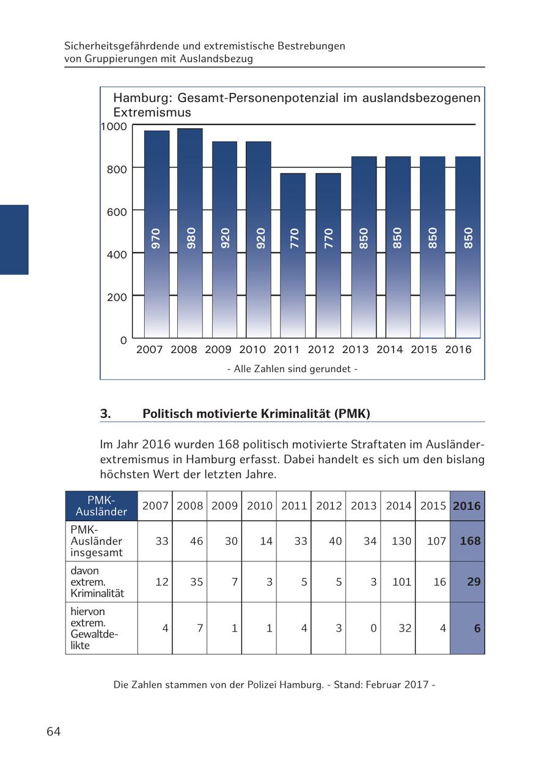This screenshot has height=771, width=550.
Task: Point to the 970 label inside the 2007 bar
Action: click(156, 238)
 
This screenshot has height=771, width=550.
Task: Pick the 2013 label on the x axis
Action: click(355, 350)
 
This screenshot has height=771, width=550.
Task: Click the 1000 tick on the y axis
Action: click(113, 126)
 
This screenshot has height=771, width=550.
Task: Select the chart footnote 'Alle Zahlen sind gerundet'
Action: click(292, 369)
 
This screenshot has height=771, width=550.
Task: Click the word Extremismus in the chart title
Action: click(152, 112)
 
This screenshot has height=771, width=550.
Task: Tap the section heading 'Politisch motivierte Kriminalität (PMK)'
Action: click(256, 414)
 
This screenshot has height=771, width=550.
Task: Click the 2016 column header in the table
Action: click(467, 506)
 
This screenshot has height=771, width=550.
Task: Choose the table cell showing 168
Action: click(467, 541)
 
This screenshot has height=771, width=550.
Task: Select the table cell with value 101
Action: click(398, 582)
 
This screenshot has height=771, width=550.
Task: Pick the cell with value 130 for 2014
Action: click(398, 541)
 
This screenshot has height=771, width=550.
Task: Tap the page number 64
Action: click(54, 732)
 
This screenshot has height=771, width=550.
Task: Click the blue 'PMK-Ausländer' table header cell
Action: click(101, 506)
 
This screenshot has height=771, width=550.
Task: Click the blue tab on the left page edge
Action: click(14, 239)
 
